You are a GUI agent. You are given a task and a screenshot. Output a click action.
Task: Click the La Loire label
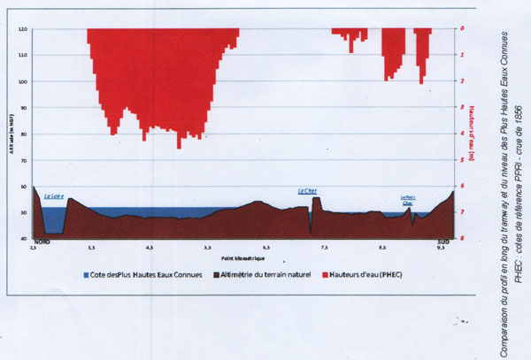pyautogui.click(x=53, y=196)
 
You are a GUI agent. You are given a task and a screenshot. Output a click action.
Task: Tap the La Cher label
pyautogui.click(x=307, y=190)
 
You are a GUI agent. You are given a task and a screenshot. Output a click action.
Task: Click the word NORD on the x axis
pyautogui.click(x=41, y=241)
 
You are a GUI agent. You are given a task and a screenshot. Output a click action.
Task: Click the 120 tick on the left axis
pyautogui.click(x=23, y=29)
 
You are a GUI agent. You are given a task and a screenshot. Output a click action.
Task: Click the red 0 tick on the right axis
pyautogui.click(x=463, y=28)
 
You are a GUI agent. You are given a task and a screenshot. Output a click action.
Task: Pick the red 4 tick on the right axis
pyautogui.click(x=463, y=134)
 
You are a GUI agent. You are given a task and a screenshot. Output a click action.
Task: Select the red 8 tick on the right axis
pyautogui.click(x=463, y=239)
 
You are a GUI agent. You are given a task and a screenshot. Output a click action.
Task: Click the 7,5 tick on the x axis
pyautogui.click(x=324, y=249)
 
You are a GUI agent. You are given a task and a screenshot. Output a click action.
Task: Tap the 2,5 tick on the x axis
pyautogui.click(x=34, y=249)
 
